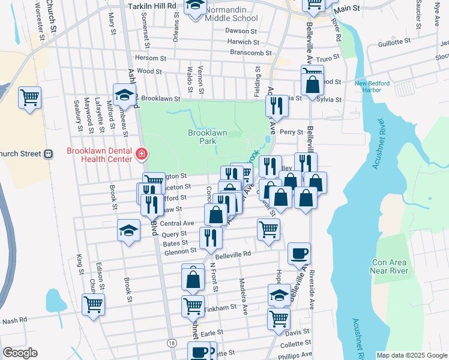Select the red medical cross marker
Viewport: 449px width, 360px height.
coord(142,155)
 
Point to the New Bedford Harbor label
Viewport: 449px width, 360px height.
coord(376,87)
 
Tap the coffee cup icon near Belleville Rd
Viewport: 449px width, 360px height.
coord(299,253)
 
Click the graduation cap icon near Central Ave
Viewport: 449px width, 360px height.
coord(128,231)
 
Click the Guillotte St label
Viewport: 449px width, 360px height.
coord(394,43)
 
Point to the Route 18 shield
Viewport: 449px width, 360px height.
coord(172,342)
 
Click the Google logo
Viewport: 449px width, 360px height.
coord(20,353)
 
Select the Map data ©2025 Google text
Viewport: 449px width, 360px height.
coord(411,355)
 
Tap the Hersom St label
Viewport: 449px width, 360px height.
coord(151,58)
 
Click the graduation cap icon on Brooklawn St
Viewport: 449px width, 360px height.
coord(125,94)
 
